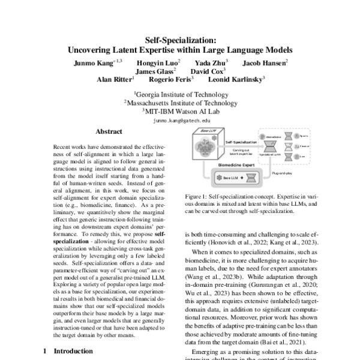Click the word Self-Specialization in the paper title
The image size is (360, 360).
point(179,39)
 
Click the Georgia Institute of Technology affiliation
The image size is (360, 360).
point(179,94)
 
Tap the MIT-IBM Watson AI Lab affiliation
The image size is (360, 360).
point(179,110)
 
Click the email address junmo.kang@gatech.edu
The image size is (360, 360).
point(179,120)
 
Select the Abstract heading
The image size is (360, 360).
point(109,131)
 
